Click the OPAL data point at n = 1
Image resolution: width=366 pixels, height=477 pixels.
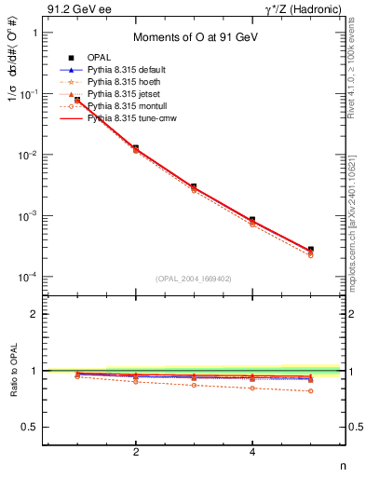point(77,99)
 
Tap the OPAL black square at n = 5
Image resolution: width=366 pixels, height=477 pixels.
point(311,250)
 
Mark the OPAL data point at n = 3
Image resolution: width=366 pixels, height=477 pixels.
point(195,186)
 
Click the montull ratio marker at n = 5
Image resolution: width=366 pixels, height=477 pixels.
point(311,391)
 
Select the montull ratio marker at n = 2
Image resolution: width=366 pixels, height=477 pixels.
point(136,381)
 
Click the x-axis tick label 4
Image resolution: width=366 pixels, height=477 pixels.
point(253,452)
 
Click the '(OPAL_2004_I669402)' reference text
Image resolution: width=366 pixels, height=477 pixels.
point(195,278)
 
